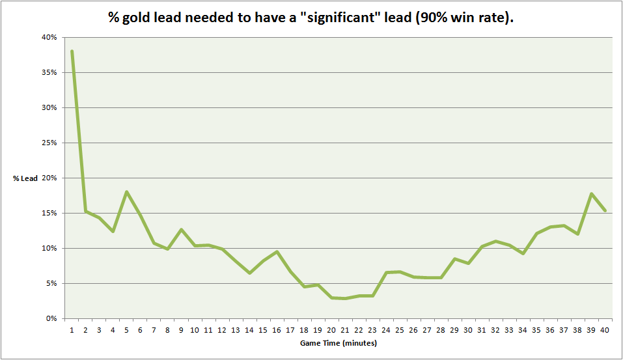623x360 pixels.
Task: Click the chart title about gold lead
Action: click(311, 18)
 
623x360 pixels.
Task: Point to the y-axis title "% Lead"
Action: click(25, 178)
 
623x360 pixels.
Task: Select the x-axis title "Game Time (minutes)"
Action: click(338, 342)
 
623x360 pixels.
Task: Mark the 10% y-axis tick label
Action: click(50, 248)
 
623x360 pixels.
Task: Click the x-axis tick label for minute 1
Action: click(72, 330)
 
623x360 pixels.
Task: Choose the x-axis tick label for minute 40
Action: click(605, 330)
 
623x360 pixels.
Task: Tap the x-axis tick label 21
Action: click(345, 330)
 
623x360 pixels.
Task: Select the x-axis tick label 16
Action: click(277, 330)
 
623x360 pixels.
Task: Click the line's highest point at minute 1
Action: click(72, 51)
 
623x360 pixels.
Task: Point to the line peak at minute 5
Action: click(126, 191)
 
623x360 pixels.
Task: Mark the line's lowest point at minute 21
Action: click(345, 298)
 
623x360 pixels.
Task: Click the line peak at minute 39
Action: click(592, 193)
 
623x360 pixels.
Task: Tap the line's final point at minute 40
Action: click(605, 210)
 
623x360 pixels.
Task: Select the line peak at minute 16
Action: click(277, 251)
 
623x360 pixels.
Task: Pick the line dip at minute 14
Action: click(249, 273)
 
